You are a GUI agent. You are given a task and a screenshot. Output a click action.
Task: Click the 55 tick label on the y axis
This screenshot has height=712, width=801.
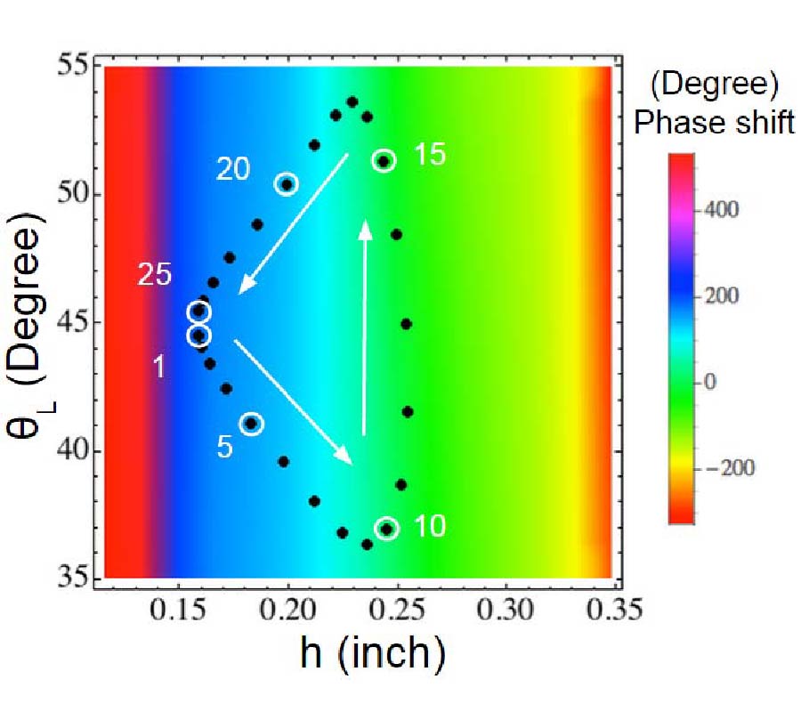(x=77, y=66)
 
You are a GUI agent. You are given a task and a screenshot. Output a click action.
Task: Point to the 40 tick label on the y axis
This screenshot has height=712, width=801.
(x=77, y=450)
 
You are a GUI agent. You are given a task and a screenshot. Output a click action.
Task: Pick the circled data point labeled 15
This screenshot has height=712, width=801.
(x=384, y=160)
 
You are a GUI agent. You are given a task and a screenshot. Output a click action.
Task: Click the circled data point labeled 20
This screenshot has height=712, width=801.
(x=287, y=183)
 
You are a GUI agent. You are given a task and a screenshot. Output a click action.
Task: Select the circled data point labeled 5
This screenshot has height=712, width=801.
(x=252, y=424)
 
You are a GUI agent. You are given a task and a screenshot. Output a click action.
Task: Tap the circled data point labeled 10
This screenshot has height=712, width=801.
(x=386, y=529)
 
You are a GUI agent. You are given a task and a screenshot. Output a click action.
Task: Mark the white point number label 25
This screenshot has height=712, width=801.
(x=155, y=275)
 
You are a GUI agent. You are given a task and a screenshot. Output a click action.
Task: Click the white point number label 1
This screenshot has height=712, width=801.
(x=158, y=367)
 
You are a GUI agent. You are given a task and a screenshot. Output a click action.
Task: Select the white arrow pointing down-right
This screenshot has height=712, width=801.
(x=294, y=401)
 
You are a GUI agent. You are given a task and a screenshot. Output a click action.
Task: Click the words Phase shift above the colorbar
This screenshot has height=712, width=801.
(x=714, y=124)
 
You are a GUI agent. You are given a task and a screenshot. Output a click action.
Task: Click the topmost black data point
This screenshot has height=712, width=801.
(x=352, y=101)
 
